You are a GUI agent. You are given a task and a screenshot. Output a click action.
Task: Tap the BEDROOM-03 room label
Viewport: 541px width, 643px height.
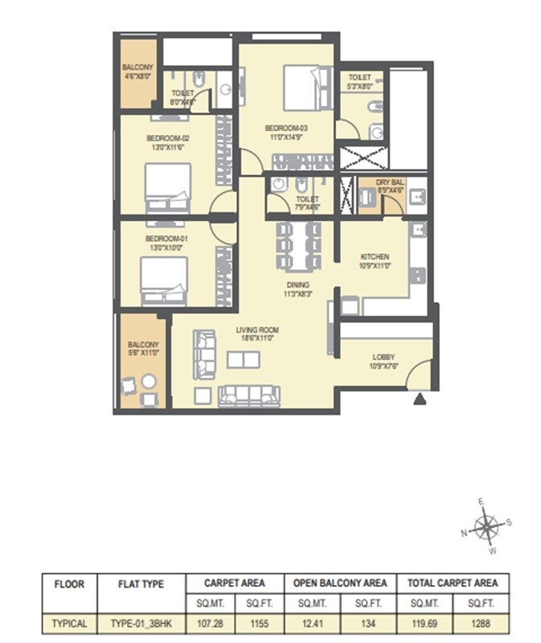tap(287, 128)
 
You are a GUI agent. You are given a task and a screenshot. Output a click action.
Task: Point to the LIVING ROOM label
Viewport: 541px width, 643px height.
tap(256, 330)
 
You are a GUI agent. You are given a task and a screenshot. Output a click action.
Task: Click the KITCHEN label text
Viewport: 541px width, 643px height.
tap(375, 257)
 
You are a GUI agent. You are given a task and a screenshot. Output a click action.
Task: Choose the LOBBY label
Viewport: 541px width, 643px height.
tap(383, 358)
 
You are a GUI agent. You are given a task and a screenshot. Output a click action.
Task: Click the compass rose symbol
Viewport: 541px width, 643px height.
tap(486, 527)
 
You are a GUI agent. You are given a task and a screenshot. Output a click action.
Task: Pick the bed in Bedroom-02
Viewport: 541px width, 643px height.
tap(167, 187)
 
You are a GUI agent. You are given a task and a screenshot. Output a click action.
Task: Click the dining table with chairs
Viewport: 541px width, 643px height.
tap(298, 248)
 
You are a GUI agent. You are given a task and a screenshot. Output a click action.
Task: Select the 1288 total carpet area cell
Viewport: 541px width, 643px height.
tap(480, 622)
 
